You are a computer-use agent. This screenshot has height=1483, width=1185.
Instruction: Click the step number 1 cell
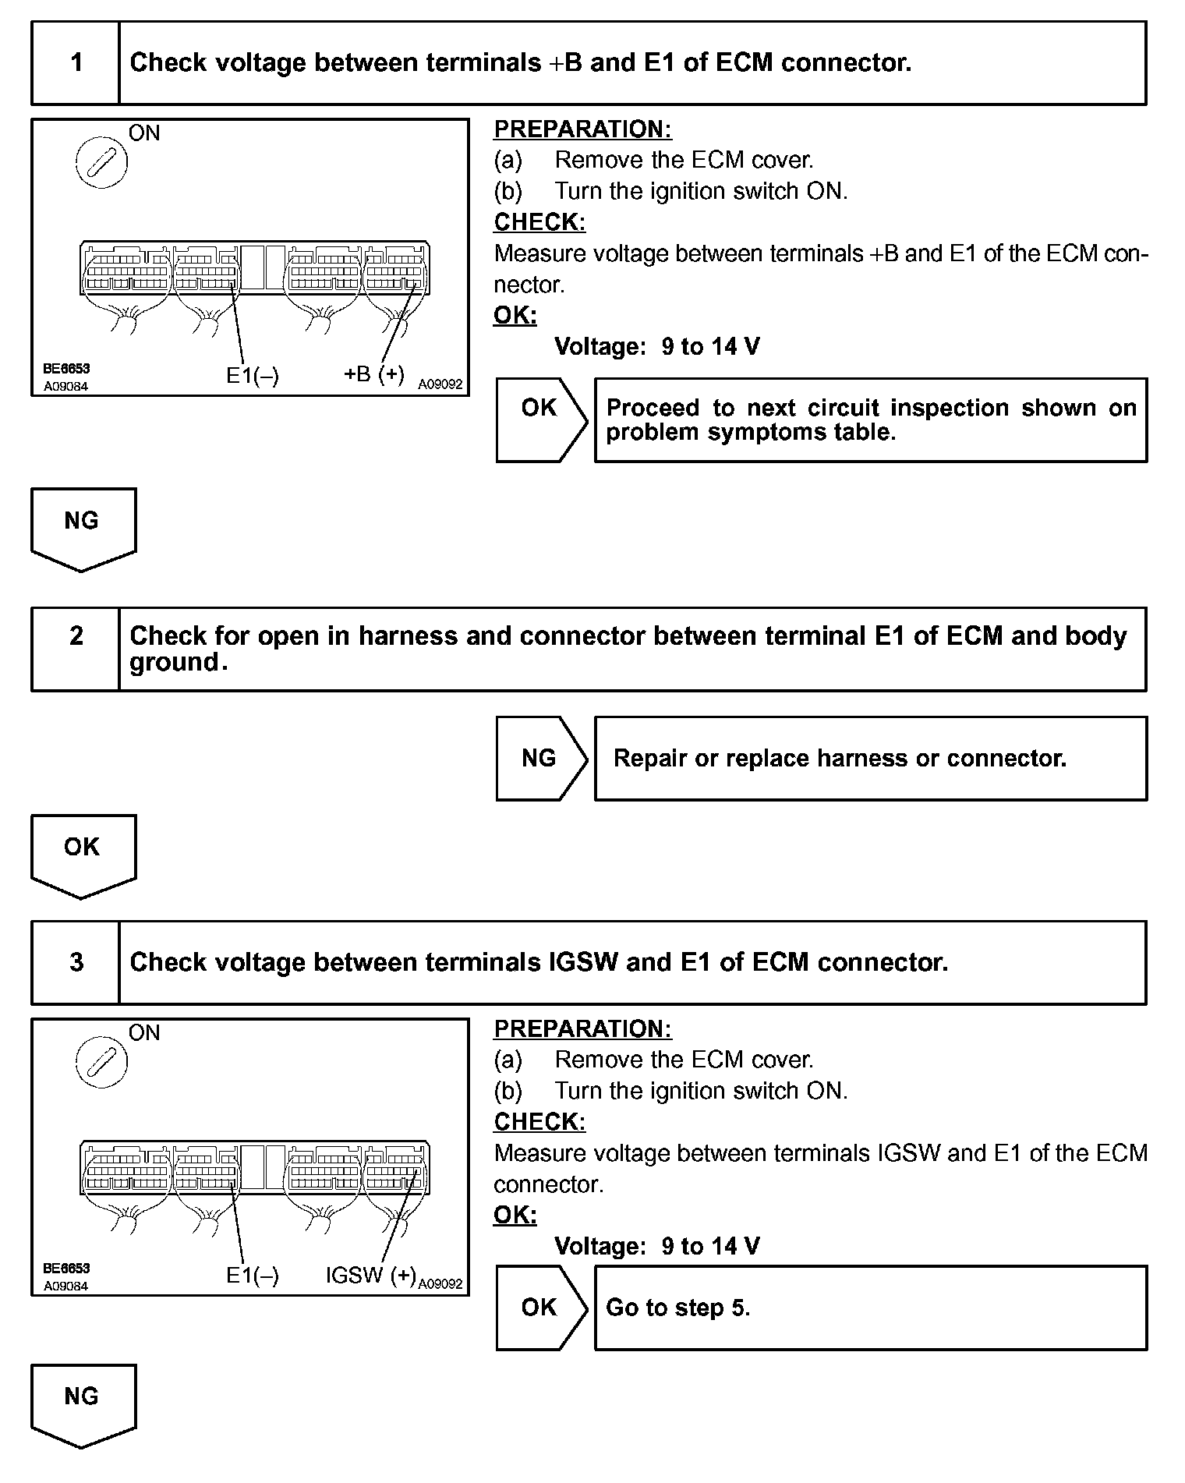pos(76,63)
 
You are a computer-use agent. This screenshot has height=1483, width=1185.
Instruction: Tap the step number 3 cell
pos(76,962)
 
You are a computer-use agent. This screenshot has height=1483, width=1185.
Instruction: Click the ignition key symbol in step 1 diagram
pos(101,165)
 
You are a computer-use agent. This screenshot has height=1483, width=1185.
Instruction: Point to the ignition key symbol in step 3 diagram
pos(101,1062)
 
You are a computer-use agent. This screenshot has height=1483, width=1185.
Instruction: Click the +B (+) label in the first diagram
pos(374,374)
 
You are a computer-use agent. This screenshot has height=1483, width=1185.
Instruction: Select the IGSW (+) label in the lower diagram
pos(370,1276)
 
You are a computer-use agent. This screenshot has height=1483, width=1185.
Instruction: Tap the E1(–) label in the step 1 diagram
pos(252,376)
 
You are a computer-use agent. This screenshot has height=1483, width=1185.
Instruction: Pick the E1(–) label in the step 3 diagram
pos(252,1276)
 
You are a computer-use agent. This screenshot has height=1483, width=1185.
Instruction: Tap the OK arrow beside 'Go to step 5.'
pos(540,1308)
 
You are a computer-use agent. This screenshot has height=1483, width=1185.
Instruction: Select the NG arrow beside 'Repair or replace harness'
pos(540,758)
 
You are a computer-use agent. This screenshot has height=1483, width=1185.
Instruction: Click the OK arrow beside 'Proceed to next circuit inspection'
pos(540,408)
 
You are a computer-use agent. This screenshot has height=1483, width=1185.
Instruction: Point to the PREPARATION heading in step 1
pos(582,129)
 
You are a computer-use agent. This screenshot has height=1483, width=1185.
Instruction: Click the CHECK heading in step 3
pos(539,1122)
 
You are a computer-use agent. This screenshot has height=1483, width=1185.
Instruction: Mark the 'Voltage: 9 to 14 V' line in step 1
pos(656,347)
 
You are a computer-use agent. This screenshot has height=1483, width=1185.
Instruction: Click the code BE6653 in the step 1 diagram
pos(66,369)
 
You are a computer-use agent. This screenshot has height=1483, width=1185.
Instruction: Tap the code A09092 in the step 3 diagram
pos(440,1283)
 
